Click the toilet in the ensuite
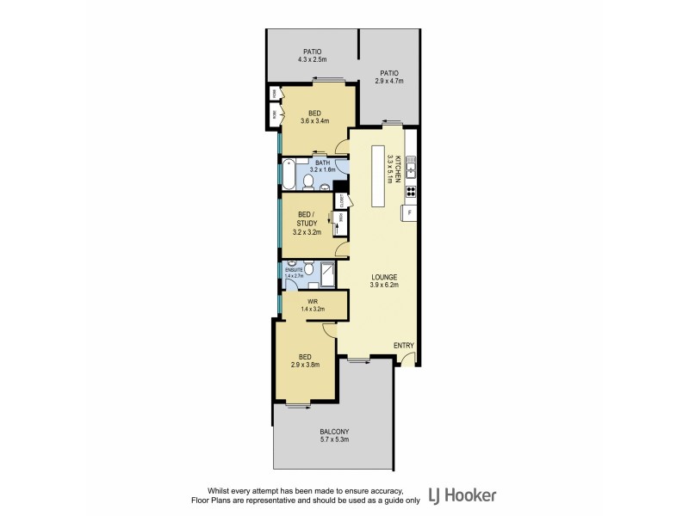308,269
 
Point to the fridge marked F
409,212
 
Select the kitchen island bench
378,175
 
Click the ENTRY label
404,346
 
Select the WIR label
313,300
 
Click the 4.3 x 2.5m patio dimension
312,60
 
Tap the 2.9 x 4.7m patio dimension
389,82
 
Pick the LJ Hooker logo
462,495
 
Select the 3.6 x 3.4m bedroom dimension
315,121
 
